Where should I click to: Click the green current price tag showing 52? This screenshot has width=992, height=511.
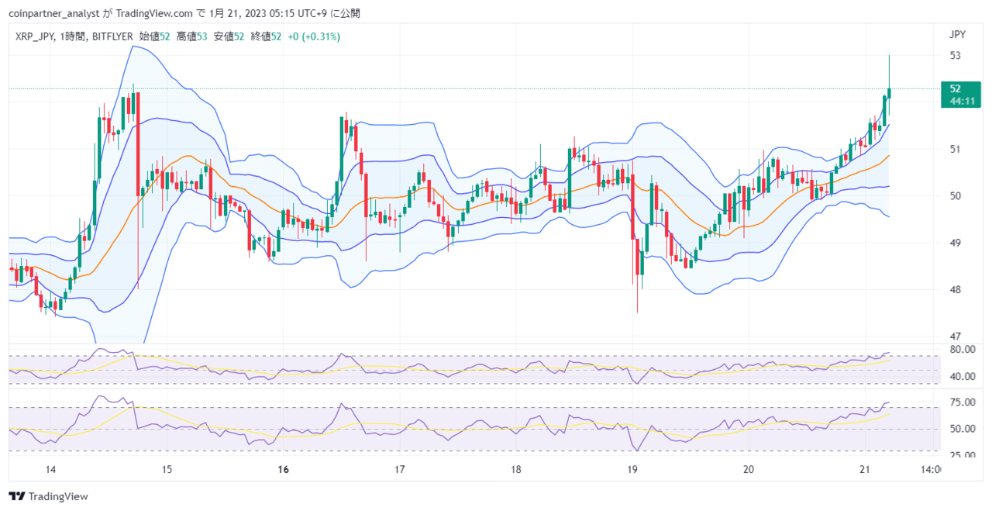(x=960, y=95)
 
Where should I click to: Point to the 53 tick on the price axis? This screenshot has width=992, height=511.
(x=956, y=55)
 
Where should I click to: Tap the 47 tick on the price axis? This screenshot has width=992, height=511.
(x=956, y=337)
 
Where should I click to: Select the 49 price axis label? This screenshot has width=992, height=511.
(x=956, y=243)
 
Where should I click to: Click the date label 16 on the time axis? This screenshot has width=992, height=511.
(x=284, y=469)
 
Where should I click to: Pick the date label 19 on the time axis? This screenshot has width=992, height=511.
(x=632, y=469)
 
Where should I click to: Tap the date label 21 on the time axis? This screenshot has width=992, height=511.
(x=864, y=469)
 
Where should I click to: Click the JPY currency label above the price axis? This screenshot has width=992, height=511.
(x=957, y=35)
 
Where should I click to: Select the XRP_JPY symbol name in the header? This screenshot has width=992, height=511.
(x=35, y=36)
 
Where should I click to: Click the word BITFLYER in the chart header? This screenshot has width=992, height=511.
(x=112, y=36)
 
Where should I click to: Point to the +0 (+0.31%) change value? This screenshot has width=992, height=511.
(x=314, y=36)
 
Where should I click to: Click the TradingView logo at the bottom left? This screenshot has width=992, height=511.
(x=49, y=496)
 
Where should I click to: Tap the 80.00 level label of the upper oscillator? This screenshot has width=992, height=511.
(x=963, y=349)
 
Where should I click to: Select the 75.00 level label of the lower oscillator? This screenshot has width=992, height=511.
(x=963, y=402)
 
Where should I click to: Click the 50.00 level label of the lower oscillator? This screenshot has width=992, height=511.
(x=963, y=429)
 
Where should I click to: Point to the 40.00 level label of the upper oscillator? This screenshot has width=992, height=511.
(x=963, y=376)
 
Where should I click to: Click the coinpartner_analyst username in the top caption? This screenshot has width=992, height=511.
(x=54, y=13)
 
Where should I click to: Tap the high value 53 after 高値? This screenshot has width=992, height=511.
(x=202, y=36)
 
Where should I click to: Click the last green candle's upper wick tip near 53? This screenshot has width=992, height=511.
(x=889, y=55)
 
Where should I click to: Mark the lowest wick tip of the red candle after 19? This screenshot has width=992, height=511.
(x=637, y=312)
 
